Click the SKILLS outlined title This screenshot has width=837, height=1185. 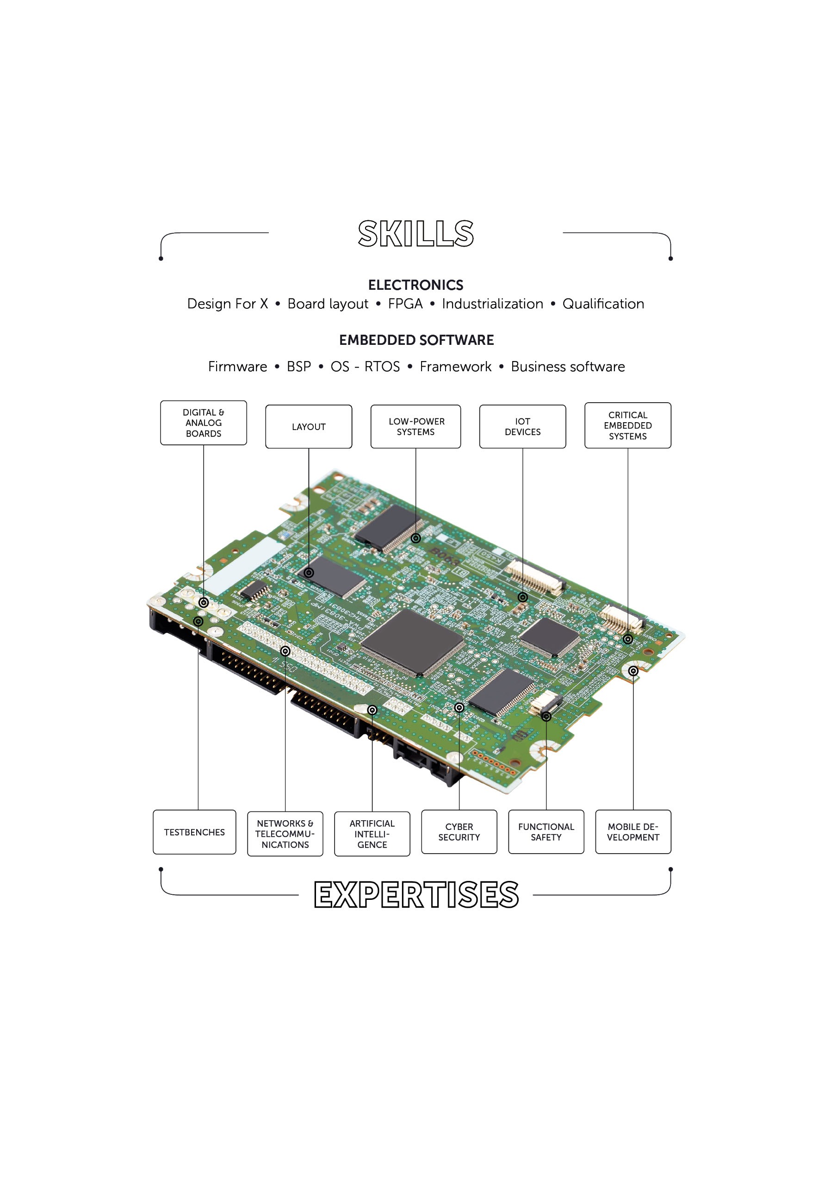point(415,233)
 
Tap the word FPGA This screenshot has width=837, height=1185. point(405,304)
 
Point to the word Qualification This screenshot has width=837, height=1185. point(603,304)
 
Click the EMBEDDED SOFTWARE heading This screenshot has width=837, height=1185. point(416,340)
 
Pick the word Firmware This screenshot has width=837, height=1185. point(237,367)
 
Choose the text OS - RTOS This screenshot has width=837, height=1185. point(365,367)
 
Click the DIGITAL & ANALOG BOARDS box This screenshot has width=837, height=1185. point(203,423)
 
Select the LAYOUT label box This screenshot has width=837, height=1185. point(309,427)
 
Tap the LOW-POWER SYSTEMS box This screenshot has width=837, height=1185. point(415,427)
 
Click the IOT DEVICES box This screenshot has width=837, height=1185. point(522,427)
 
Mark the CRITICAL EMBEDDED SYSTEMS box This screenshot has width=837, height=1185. point(627,425)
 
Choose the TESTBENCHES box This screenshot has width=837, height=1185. point(194,832)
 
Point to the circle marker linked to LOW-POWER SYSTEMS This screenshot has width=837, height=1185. point(416,538)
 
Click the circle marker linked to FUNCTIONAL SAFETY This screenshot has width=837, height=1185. point(546,717)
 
